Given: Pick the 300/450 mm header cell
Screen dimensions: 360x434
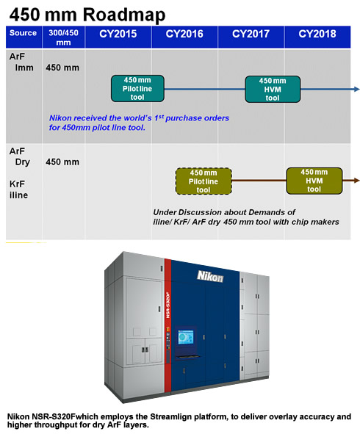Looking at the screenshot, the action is (x=63, y=37).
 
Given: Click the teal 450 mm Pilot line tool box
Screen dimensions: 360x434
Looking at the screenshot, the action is (x=137, y=89).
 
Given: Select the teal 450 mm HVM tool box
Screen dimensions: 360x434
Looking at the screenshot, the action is (x=273, y=89).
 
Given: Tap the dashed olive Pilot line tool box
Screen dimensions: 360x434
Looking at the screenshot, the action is (x=204, y=181).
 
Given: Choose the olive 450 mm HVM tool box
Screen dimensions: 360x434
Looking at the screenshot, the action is (x=314, y=181).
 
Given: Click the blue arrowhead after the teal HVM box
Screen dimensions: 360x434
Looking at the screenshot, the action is (x=356, y=89).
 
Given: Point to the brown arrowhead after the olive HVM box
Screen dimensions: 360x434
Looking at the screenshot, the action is (x=356, y=181).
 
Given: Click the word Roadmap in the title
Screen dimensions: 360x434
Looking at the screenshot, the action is (x=124, y=15).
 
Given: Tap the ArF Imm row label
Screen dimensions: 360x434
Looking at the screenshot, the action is (x=21, y=62).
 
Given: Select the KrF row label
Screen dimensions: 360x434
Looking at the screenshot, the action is (x=17, y=184).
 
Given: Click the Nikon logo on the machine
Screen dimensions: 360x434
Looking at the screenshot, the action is (x=210, y=276).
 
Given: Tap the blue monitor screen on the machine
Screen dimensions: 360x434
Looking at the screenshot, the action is (x=186, y=337).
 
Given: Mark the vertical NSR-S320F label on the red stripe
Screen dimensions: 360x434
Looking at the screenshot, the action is (x=168, y=305).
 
